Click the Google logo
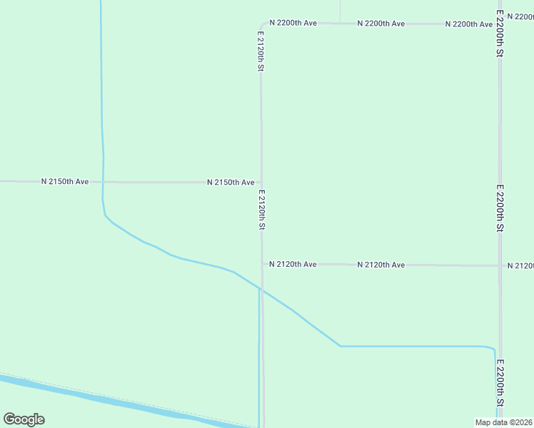click(x=24, y=419)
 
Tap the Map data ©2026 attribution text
click(x=503, y=422)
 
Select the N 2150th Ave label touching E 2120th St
click(x=231, y=183)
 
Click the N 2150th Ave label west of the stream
click(x=65, y=182)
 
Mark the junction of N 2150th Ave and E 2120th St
click(x=261, y=183)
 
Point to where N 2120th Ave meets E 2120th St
click(x=262, y=265)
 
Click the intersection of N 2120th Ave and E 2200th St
click(x=500, y=265)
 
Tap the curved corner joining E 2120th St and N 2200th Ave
click(x=262, y=26)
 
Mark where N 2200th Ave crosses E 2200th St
click(x=499, y=24)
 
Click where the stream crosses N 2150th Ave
click(x=103, y=182)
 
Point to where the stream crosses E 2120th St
click(x=262, y=290)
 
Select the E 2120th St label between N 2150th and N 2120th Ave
click(x=262, y=210)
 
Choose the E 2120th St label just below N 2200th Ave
click(x=261, y=51)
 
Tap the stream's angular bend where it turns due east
click(x=341, y=346)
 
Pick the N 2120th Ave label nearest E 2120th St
click(x=293, y=265)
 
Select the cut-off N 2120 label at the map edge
click(x=520, y=266)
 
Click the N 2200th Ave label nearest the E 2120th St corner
click(x=293, y=24)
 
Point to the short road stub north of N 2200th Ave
click(x=340, y=11)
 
